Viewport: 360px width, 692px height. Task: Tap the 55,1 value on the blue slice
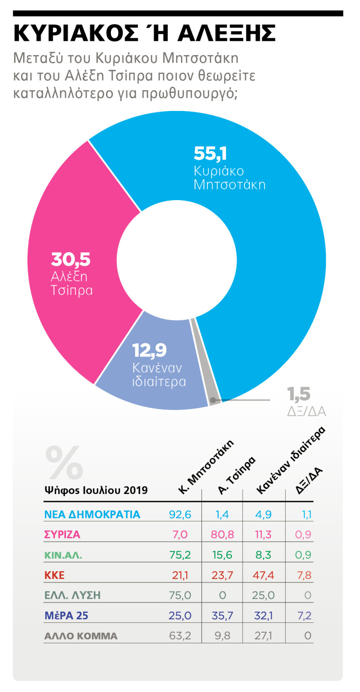coord(210,153)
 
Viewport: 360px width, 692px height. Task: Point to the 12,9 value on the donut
coord(149,350)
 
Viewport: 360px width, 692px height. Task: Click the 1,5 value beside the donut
coord(299,394)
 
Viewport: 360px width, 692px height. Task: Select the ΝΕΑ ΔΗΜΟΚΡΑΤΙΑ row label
coord(92,514)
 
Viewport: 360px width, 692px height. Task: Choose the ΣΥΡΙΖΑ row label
coord(62,534)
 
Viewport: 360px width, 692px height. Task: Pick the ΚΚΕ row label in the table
coord(54,575)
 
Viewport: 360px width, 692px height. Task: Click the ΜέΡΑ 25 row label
coord(66,615)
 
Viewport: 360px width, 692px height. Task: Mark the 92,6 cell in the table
coord(180,514)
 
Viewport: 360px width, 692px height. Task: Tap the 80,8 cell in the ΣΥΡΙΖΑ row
coord(222,534)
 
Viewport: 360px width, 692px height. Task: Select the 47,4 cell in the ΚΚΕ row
coord(263,575)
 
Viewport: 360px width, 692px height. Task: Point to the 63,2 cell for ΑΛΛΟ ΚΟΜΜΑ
coord(180,636)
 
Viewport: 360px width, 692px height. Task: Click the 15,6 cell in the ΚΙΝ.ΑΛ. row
coord(222,555)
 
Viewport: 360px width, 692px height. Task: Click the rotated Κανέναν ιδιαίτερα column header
coord(290,460)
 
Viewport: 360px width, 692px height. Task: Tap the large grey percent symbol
coord(64,462)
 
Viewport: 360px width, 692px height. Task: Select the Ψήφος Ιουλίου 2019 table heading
coord(96,490)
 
